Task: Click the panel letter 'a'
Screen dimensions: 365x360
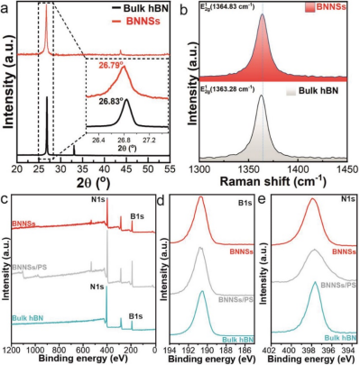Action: click(7, 8)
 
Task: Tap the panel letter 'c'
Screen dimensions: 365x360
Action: click(7, 196)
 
